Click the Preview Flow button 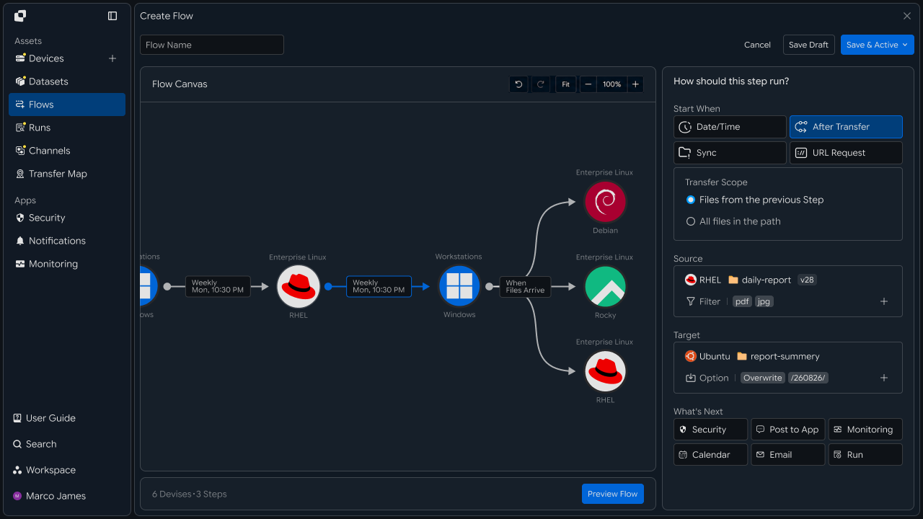point(612,494)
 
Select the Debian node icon point(605,202)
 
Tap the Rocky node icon point(605,286)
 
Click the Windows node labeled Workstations point(459,286)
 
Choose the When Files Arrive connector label point(525,286)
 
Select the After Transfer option point(846,127)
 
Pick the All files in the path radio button point(691,221)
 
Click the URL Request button point(846,153)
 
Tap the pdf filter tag point(742,301)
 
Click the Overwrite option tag point(762,378)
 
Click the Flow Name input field point(212,45)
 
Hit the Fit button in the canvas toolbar point(565,84)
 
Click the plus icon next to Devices point(112,58)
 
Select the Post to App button point(788,430)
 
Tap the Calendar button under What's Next point(710,455)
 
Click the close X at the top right point(907,16)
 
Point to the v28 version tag point(807,280)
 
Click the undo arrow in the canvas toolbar point(518,84)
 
